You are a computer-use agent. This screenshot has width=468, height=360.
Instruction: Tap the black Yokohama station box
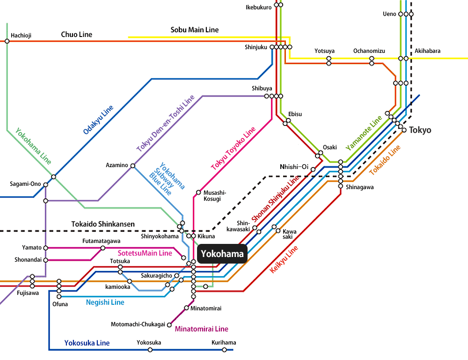tap(222, 254)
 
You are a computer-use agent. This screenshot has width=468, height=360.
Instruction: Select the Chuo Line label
tap(76, 35)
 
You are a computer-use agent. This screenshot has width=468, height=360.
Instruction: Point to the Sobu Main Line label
tap(194, 30)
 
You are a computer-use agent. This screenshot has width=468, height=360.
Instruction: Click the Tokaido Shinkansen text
tap(103, 224)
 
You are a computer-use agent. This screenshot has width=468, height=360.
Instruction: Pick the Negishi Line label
tap(105, 302)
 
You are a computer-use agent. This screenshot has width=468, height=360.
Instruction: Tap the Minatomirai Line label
tap(201, 329)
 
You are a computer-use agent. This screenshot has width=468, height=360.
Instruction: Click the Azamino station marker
tap(133, 166)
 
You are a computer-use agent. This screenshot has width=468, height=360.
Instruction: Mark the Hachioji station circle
tap(7, 41)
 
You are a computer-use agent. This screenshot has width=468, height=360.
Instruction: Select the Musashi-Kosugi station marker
tap(198, 192)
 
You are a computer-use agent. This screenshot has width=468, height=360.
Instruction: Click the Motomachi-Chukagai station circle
tap(169, 324)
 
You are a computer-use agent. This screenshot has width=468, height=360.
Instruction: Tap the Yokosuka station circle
tap(150, 349)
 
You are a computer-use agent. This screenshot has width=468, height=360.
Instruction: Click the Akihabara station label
tap(427, 51)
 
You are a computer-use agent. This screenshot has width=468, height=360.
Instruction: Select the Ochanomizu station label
tap(369, 51)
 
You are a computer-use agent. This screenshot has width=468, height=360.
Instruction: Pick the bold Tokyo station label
tap(420, 130)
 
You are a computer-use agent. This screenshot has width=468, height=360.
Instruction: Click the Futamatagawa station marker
tap(102, 248)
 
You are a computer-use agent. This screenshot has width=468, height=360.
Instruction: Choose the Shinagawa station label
tap(359, 187)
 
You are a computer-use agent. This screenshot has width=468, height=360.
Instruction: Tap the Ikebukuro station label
tap(258, 7)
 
